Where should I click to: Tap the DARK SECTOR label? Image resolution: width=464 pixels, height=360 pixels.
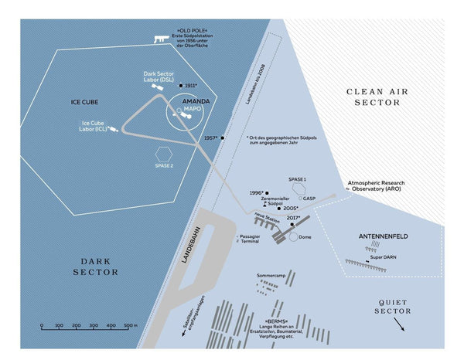[96, 266]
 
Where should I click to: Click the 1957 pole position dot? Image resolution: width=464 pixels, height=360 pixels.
[223, 138]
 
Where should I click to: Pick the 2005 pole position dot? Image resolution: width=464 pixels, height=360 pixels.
[279, 208]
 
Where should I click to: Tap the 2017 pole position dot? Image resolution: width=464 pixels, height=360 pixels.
[292, 224]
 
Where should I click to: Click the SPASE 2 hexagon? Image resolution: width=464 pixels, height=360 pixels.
[163, 154]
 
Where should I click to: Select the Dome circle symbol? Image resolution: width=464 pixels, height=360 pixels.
[293, 237]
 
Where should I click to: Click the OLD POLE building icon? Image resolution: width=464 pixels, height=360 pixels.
[161, 38]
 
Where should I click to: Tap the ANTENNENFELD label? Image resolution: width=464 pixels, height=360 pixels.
[384, 235]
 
